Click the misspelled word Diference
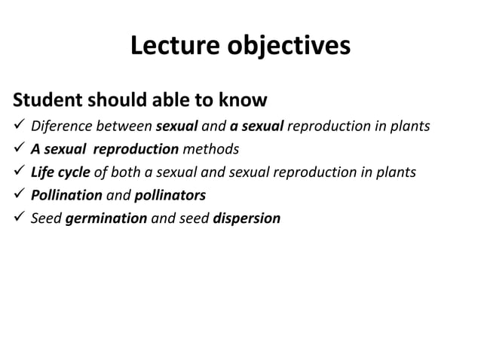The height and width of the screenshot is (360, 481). pos(60,125)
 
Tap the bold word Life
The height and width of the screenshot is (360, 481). pos(42,172)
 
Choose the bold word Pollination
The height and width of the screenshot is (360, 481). pos(66,195)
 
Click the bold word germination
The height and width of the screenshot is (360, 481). pos(106,218)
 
